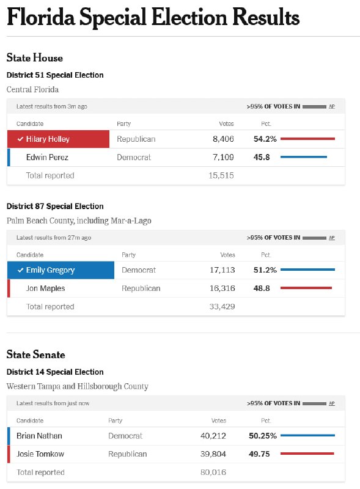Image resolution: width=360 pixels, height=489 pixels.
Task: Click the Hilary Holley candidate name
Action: (x=48, y=139)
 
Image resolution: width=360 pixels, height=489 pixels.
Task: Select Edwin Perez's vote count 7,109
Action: (x=223, y=157)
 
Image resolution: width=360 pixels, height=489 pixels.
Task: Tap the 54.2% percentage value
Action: (x=265, y=139)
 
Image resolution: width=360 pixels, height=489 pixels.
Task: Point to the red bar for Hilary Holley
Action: (x=307, y=139)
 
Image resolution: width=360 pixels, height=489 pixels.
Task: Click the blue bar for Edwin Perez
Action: (x=304, y=157)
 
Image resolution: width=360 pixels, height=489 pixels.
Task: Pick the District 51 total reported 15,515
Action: (x=221, y=175)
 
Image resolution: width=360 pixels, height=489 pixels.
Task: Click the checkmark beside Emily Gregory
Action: (x=21, y=270)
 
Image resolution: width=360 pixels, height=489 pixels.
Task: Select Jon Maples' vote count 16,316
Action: (x=222, y=288)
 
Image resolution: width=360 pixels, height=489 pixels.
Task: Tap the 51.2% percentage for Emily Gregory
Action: (x=265, y=270)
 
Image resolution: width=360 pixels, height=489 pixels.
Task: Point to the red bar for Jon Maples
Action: (x=306, y=288)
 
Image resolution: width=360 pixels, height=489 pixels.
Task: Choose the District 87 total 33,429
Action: (x=222, y=307)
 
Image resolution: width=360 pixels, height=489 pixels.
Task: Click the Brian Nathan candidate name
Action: (x=39, y=436)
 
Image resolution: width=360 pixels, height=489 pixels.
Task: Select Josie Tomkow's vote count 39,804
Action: (x=213, y=454)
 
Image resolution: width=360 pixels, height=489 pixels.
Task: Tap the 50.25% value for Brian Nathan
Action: (x=263, y=436)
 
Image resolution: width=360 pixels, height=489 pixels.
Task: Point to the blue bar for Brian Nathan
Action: (x=307, y=435)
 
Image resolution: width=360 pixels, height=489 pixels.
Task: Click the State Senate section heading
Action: (x=36, y=355)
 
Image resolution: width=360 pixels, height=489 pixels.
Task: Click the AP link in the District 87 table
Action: (x=332, y=238)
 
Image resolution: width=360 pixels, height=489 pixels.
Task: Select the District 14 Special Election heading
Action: (x=55, y=372)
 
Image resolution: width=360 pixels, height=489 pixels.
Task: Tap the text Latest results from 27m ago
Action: (x=54, y=238)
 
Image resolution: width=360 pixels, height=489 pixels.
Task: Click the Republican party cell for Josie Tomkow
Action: (x=128, y=454)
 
